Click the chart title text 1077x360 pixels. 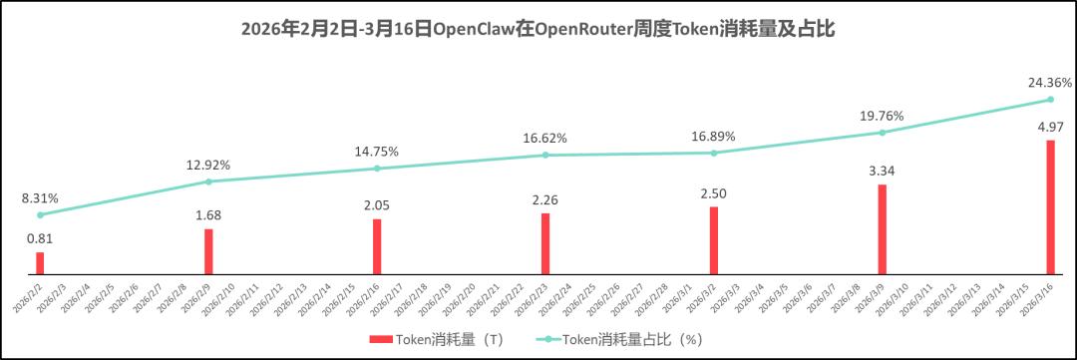click(538, 29)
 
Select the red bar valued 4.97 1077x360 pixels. click(1050, 206)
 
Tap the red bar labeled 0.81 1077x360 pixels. click(40, 262)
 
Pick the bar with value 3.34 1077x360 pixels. click(882, 228)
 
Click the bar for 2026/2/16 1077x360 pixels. click(377, 245)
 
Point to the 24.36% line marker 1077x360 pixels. click(1050, 100)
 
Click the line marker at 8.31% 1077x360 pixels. click(40, 214)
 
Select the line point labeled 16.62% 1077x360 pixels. click(545, 155)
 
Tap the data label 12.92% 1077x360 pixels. click(208, 164)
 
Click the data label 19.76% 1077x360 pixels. click(882, 115)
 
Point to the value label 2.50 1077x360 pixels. click(713, 190)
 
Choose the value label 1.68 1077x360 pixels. click(208, 213)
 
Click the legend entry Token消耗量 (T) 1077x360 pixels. click(436, 339)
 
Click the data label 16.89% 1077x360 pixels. click(713, 135)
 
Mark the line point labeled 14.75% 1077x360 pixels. click(377, 169)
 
